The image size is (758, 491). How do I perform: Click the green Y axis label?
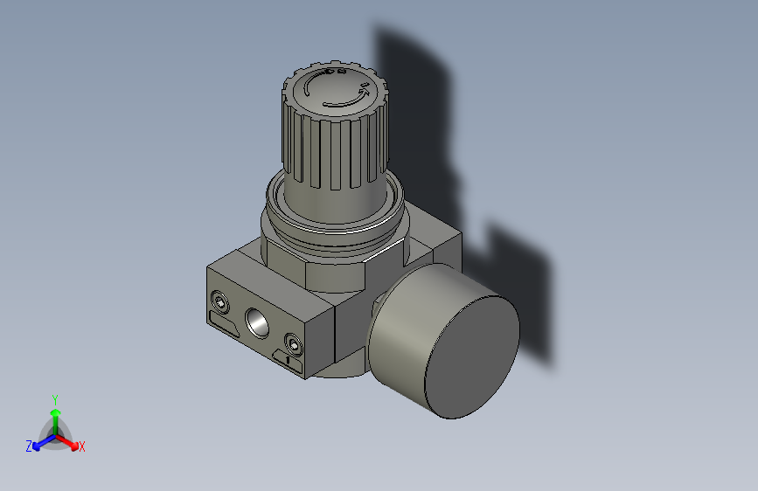pyautogui.click(x=54, y=398)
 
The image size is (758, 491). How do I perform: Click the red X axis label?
pyautogui.click(x=82, y=447)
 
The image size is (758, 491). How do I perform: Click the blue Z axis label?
pyautogui.click(x=29, y=446)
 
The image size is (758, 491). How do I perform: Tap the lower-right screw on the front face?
pyautogui.click(x=293, y=345)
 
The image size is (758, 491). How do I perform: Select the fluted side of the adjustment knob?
pyautogui.click(x=332, y=149)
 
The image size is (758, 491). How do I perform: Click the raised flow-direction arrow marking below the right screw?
pyautogui.click(x=289, y=360)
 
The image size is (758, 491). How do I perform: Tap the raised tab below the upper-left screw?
pyautogui.click(x=223, y=327)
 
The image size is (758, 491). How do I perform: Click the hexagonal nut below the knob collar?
pyautogui.click(x=332, y=266)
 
